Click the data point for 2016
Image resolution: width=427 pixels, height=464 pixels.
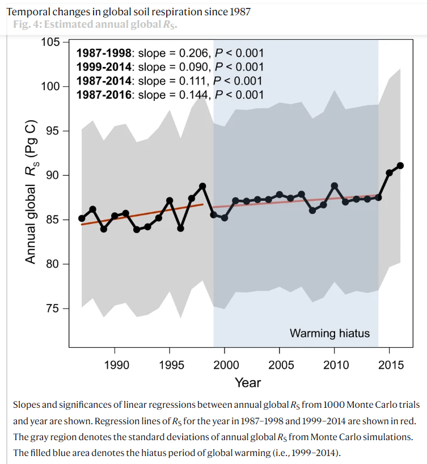(400, 166)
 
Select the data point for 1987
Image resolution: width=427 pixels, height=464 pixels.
(82, 218)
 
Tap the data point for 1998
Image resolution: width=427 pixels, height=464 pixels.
(202, 186)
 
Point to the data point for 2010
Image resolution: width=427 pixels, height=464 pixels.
(335, 186)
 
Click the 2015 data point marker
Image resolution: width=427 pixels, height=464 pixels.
(390, 172)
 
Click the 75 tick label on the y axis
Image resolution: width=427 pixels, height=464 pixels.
(54, 309)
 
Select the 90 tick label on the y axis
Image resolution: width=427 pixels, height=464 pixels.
(54, 175)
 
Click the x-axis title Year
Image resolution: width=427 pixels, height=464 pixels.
(248, 383)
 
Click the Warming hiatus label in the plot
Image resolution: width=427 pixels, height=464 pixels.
(329, 333)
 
